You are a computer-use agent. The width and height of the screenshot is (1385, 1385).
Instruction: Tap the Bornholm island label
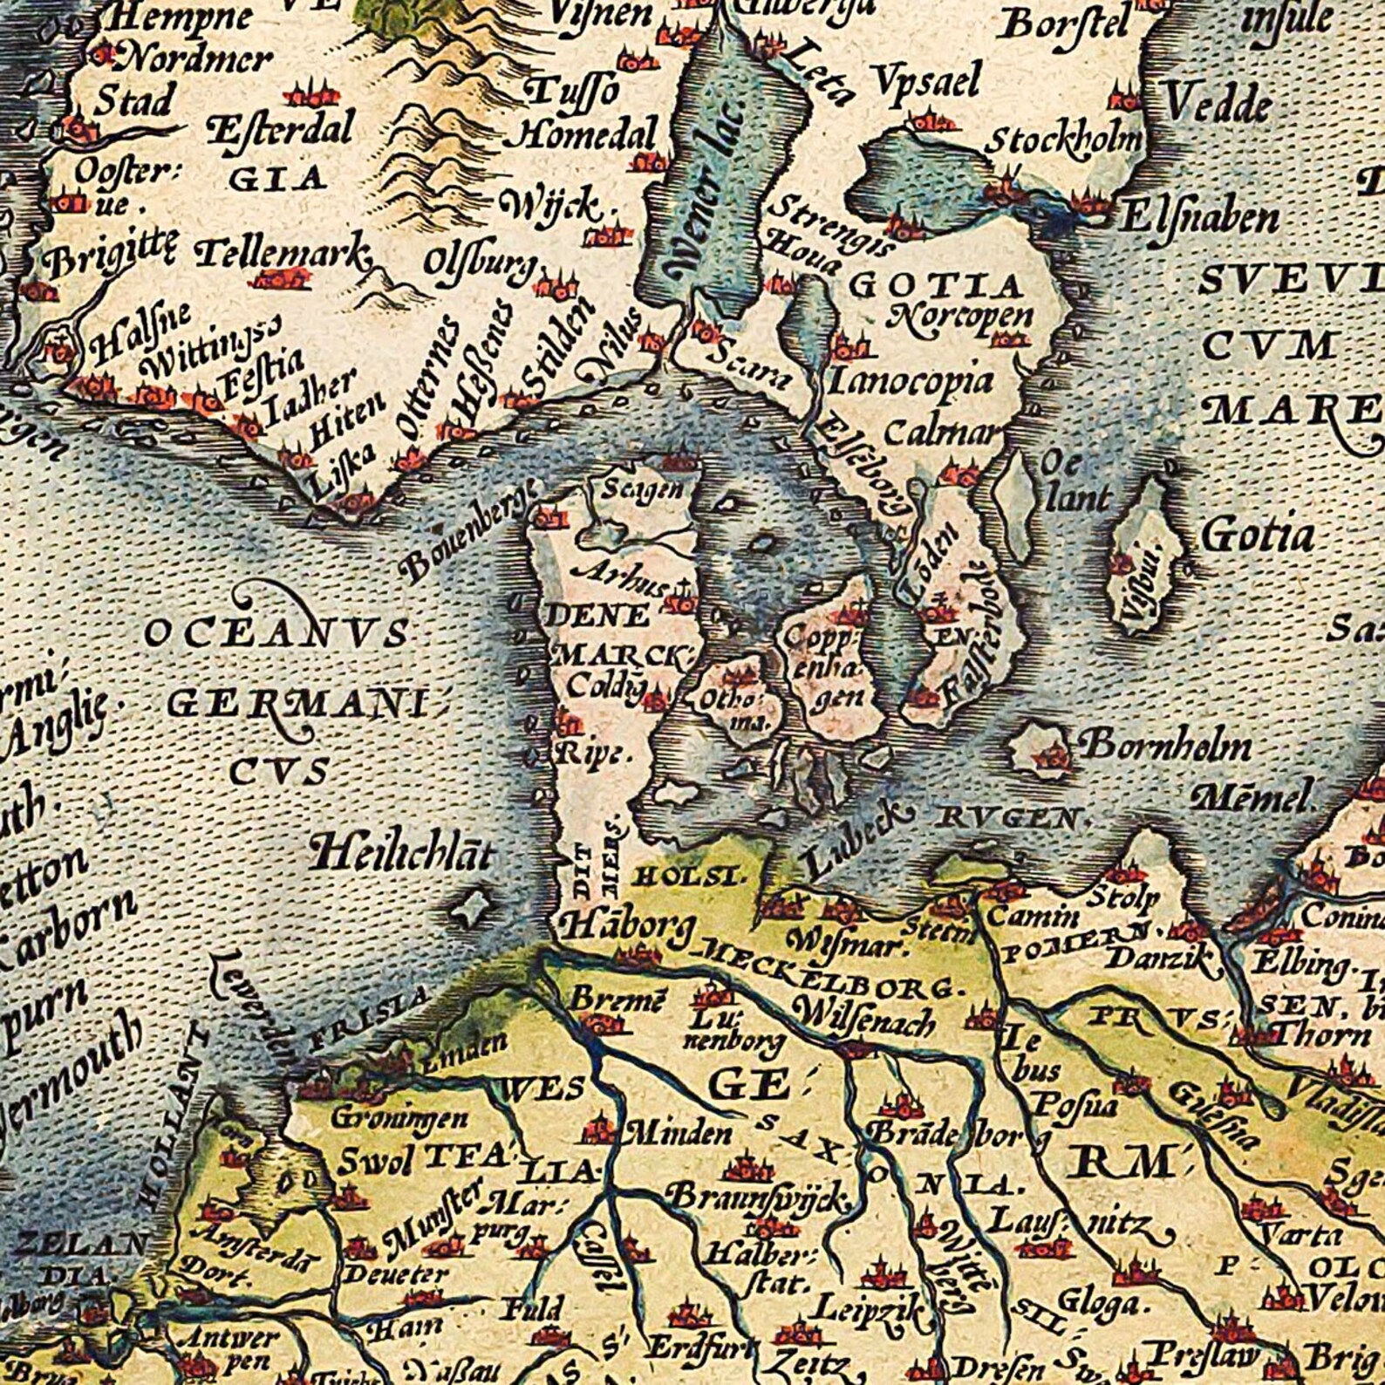point(1165,746)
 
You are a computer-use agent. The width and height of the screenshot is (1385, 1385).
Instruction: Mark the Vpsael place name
point(926,83)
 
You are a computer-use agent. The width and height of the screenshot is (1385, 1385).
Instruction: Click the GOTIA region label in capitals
point(935,285)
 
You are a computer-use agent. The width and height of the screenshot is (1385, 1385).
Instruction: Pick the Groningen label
point(399,1116)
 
